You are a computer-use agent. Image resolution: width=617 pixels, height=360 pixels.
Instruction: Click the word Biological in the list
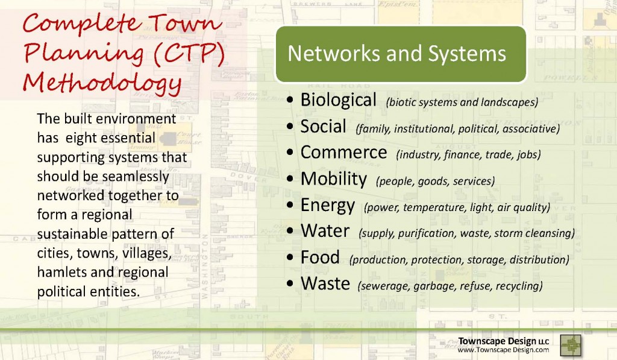[339, 100]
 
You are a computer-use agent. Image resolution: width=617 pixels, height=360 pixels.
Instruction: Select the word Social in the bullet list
[323, 127]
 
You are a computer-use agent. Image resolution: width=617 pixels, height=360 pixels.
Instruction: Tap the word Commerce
[343, 153]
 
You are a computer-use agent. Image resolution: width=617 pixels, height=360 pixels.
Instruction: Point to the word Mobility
[334, 179]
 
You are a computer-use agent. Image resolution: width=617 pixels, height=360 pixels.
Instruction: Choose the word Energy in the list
[327, 206]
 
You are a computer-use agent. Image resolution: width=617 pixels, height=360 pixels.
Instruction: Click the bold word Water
[325, 231]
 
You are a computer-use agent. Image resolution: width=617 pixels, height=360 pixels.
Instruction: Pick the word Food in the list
[320, 257]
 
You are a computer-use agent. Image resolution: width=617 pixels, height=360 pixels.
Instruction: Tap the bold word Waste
[325, 283]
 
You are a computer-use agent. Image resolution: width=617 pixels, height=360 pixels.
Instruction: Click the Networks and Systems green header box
[401, 54]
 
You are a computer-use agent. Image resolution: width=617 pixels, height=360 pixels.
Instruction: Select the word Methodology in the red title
[102, 84]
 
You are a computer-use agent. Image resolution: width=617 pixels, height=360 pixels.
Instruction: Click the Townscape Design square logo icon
[571, 346]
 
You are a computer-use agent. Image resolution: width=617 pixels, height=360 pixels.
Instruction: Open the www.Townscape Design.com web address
[503, 350]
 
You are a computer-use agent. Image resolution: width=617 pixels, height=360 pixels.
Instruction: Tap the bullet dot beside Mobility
[290, 179]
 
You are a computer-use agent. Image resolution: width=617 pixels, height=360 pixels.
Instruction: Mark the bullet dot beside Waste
[290, 283]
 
